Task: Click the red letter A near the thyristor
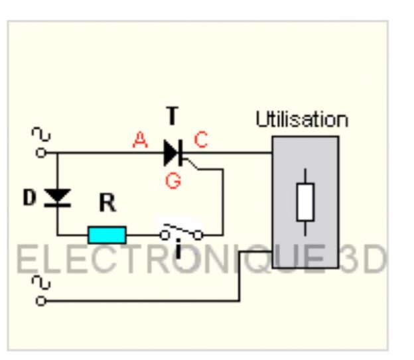tap(140, 141)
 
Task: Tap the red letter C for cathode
tap(201, 141)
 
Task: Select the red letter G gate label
tap(173, 180)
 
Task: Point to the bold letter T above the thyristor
tap(172, 117)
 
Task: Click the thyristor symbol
tap(173, 153)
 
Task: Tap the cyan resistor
tap(106, 234)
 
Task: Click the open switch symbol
tap(180, 232)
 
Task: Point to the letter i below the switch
tap(179, 251)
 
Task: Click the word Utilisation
tap(301, 121)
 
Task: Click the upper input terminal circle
tap(41, 153)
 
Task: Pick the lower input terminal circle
tap(41, 301)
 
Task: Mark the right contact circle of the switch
tap(198, 234)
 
